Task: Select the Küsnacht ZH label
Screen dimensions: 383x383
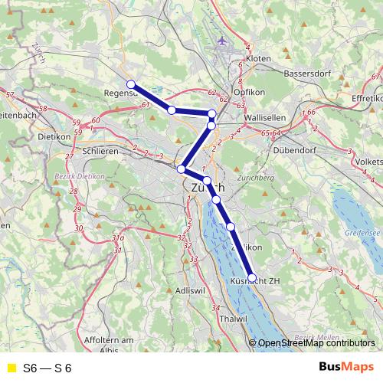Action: [x=256, y=281]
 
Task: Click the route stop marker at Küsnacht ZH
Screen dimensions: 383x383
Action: [x=252, y=278]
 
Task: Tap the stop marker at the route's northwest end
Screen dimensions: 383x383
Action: [x=131, y=84]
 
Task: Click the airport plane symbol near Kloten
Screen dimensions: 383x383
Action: [x=222, y=40]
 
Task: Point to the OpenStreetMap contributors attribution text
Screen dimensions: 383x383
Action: [x=316, y=344]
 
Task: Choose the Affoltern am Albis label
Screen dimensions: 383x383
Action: [x=110, y=344]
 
